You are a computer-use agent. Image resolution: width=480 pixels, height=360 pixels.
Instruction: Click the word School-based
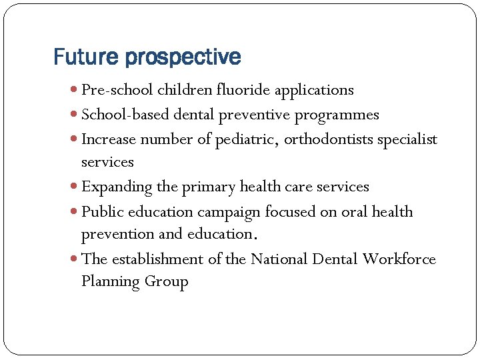pos(125,115)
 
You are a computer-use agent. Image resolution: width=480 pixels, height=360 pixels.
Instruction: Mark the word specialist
pos(407,140)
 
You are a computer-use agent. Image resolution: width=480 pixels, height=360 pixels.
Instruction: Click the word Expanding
pos(116,187)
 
